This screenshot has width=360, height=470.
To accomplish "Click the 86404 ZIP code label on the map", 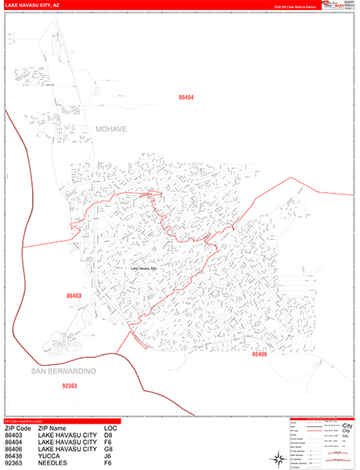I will pos(185,97).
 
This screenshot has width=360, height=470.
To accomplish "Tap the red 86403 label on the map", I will pos(74,296).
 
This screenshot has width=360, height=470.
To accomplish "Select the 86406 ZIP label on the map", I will pos(260,354).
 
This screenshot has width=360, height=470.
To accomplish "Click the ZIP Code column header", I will pos(18,428).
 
